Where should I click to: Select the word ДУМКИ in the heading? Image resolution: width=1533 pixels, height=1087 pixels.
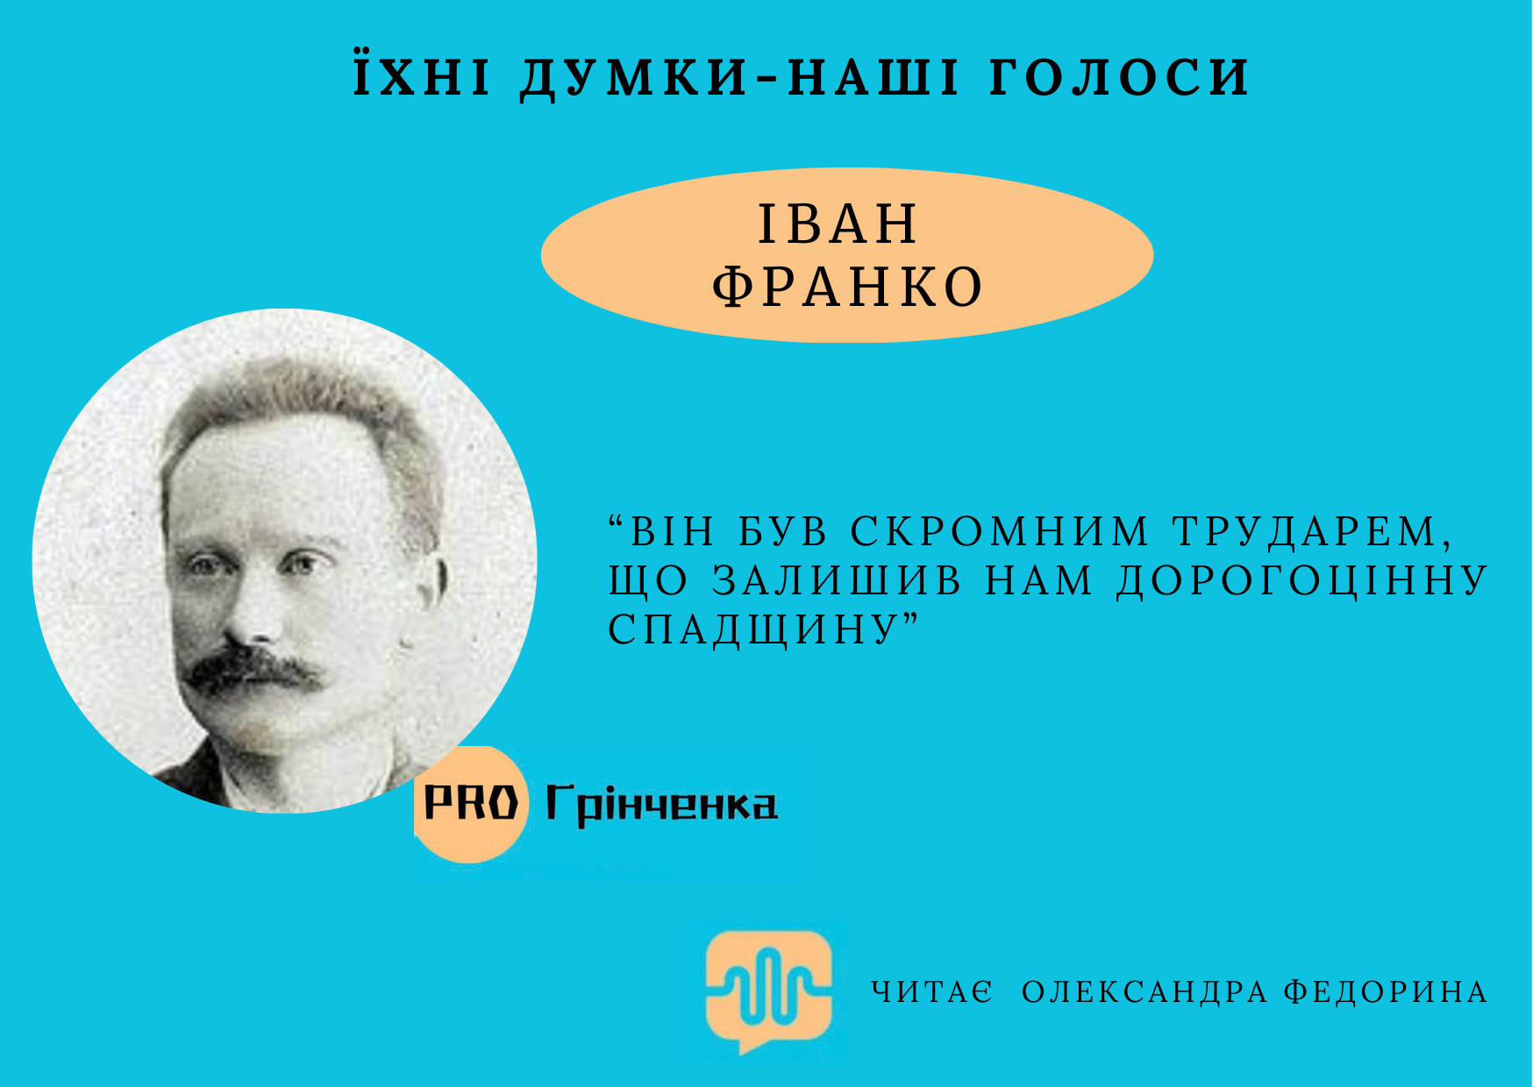pyautogui.click(x=635, y=78)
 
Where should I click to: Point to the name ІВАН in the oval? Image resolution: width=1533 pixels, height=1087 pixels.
pyautogui.click(x=838, y=224)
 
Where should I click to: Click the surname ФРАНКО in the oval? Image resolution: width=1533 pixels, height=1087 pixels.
pyautogui.click(x=847, y=287)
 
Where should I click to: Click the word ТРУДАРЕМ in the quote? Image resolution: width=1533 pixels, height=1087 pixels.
pyautogui.click(x=1312, y=532)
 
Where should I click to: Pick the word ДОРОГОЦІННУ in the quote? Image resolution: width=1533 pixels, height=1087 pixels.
pyautogui.click(x=1302, y=581)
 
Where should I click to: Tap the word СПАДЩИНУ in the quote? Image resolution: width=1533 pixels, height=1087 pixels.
pyautogui.click(x=754, y=629)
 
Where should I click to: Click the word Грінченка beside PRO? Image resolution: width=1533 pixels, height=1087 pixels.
pyautogui.click(x=661, y=805)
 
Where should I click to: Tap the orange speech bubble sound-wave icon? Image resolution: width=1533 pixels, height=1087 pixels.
pyautogui.click(x=769, y=991)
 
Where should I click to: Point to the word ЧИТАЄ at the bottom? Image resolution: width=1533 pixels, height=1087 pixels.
pyautogui.click(x=932, y=991)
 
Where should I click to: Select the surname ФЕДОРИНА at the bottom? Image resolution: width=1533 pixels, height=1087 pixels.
pyautogui.click(x=1386, y=992)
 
